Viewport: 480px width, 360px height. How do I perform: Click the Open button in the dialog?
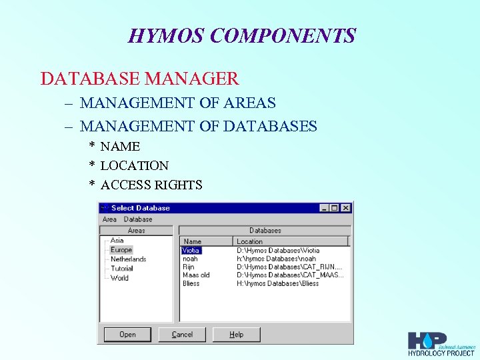pyautogui.click(x=127, y=335)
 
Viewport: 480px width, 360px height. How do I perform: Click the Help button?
pyautogui.click(x=237, y=335)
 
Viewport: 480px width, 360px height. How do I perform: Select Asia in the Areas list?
pyautogui.click(x=117, y=241)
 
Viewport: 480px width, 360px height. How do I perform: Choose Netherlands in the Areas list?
pyautogui.click(x=128, y=259)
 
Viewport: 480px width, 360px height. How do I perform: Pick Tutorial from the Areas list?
pyautogui.click(x=122, y=269)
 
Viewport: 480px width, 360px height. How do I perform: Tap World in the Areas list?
pyautogui.click(x=119, y=278)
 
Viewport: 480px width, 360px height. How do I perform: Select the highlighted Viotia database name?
pyautogui.click(x=191, y=251)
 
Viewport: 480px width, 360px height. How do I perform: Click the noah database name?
pyautogui.click(x=190, y=259)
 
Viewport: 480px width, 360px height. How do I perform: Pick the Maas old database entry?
pyautogui.click(x=196, y=275)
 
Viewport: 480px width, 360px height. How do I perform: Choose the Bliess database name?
pyautogui.click(x=191, y=283)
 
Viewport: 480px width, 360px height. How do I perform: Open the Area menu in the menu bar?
pyautogui.click(x=109, y=219)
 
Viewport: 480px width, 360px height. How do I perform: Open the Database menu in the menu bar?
pyautogui.click(x=138, y=219)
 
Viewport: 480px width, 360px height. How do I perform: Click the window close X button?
pyautogui.click(x=345, y=208)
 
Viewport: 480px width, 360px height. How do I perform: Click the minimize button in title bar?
pyautogui.click(x=324, y=208)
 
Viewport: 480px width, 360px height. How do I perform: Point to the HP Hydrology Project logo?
pyautogui.click(x=441, y=344)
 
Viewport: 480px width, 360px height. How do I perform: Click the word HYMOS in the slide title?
pyautogui.click(x=166, y=35)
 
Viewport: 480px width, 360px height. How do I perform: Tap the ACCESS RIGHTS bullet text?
pyautogui.click(x=151, y=185)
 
